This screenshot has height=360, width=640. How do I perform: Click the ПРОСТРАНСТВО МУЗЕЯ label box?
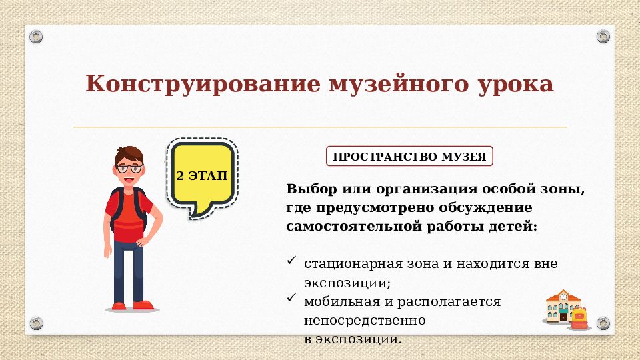409,157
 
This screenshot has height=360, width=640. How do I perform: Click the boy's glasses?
129,168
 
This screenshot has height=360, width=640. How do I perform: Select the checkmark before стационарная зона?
291,261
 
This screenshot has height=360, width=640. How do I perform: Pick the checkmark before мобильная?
291,299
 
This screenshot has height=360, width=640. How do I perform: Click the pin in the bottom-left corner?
36,323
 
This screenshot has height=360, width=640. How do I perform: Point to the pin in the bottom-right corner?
603,323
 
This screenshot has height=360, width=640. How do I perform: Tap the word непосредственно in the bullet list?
364,320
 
